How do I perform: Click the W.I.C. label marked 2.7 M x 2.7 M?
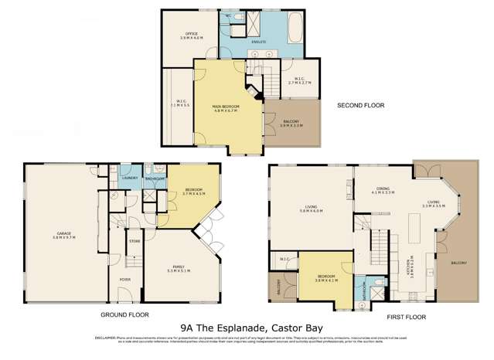point(302,80)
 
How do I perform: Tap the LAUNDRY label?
point(130,178)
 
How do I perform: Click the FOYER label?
point(124,280)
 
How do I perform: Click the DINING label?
point(383,189)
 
